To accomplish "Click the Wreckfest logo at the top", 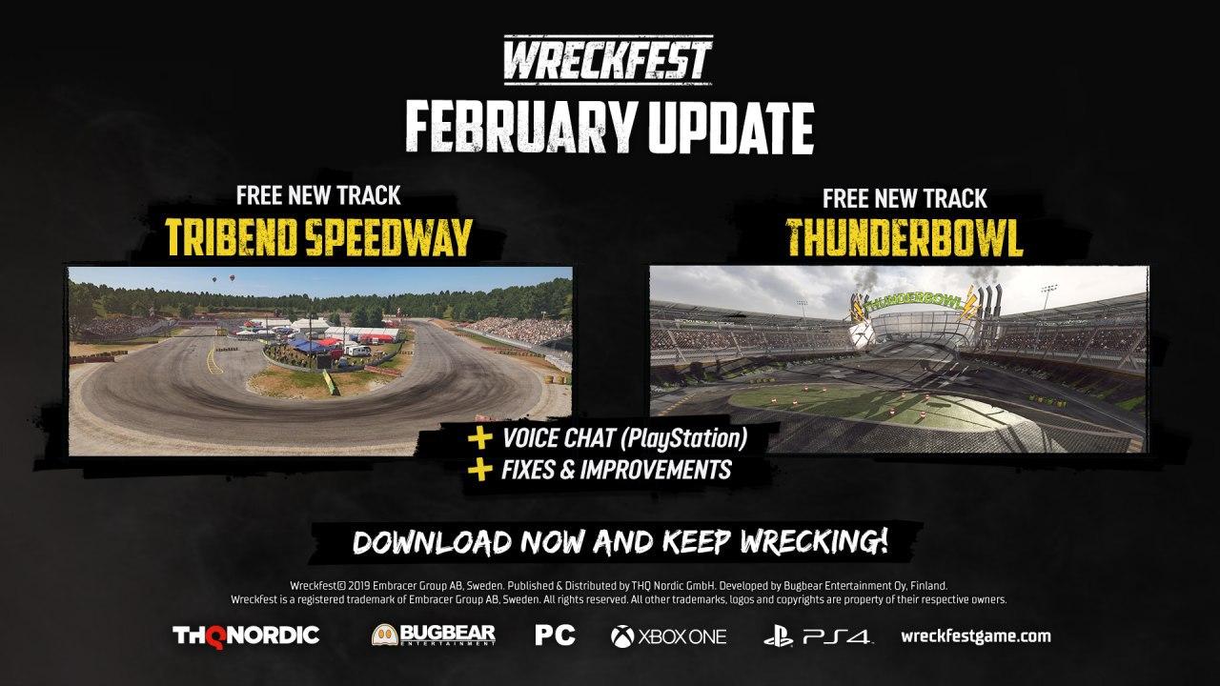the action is coord(608,59).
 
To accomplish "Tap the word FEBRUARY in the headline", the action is coord(521,129).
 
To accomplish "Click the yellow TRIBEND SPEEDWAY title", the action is coord(318,237).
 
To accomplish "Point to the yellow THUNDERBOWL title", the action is coord(905,238).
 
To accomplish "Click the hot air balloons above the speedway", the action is coord(223,279).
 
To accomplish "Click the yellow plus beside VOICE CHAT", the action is coord(479,438).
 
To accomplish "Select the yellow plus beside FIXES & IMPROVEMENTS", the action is coord(479,470).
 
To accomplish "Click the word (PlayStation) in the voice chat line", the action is coord(684,439).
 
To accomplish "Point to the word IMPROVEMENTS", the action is coord(656,470).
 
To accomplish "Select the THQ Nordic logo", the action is coord(246,636).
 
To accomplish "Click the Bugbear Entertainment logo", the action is coord(434,635).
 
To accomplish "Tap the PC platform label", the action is coord(555,635).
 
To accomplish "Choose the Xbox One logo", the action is coord(669,636).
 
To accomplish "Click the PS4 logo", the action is coord(816,636).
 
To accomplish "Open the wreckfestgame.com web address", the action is coord(976,636).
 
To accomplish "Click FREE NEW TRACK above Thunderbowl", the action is coord(905,199).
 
